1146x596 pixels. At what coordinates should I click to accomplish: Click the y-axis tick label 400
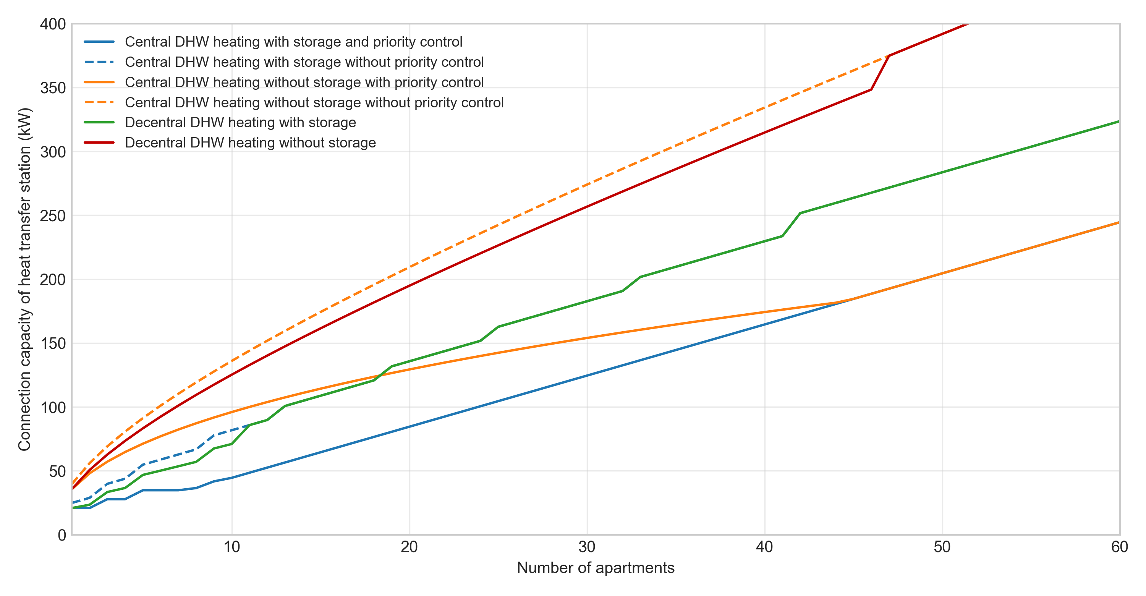click(x=53, y=24)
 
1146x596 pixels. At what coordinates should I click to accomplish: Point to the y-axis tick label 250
click(x=53, y=216)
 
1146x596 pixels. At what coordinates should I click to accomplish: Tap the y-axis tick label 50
click(x=57, y=471)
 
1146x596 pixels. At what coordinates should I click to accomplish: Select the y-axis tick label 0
click(x=62, y=535)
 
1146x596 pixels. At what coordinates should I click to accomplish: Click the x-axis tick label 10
click(x=231, y=547)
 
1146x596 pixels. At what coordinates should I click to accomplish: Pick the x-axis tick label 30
click(x=587, y=547)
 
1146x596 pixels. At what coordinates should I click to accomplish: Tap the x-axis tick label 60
click(x=1119, y=547)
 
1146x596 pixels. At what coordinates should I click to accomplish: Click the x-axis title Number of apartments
click(x=595, y=568)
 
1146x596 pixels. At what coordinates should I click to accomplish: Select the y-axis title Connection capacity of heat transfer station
click(x=24, y=279)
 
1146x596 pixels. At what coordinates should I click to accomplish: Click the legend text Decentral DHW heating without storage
click(x=250, y=143)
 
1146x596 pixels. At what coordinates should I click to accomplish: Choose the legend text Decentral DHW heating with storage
click(x=240, y=122)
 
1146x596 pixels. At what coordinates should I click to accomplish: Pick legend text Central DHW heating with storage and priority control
click(x=294, y=42)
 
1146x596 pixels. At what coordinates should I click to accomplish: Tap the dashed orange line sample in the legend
click(x=99, y=102)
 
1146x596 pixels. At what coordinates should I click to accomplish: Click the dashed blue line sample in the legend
click(x=99, y=62)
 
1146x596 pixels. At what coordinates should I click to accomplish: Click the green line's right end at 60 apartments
click(x=1118, y=121)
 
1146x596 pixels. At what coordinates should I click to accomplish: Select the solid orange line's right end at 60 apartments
click(x=1118, y=222)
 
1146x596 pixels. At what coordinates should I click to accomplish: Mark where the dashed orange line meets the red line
click(x=889, y=56)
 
